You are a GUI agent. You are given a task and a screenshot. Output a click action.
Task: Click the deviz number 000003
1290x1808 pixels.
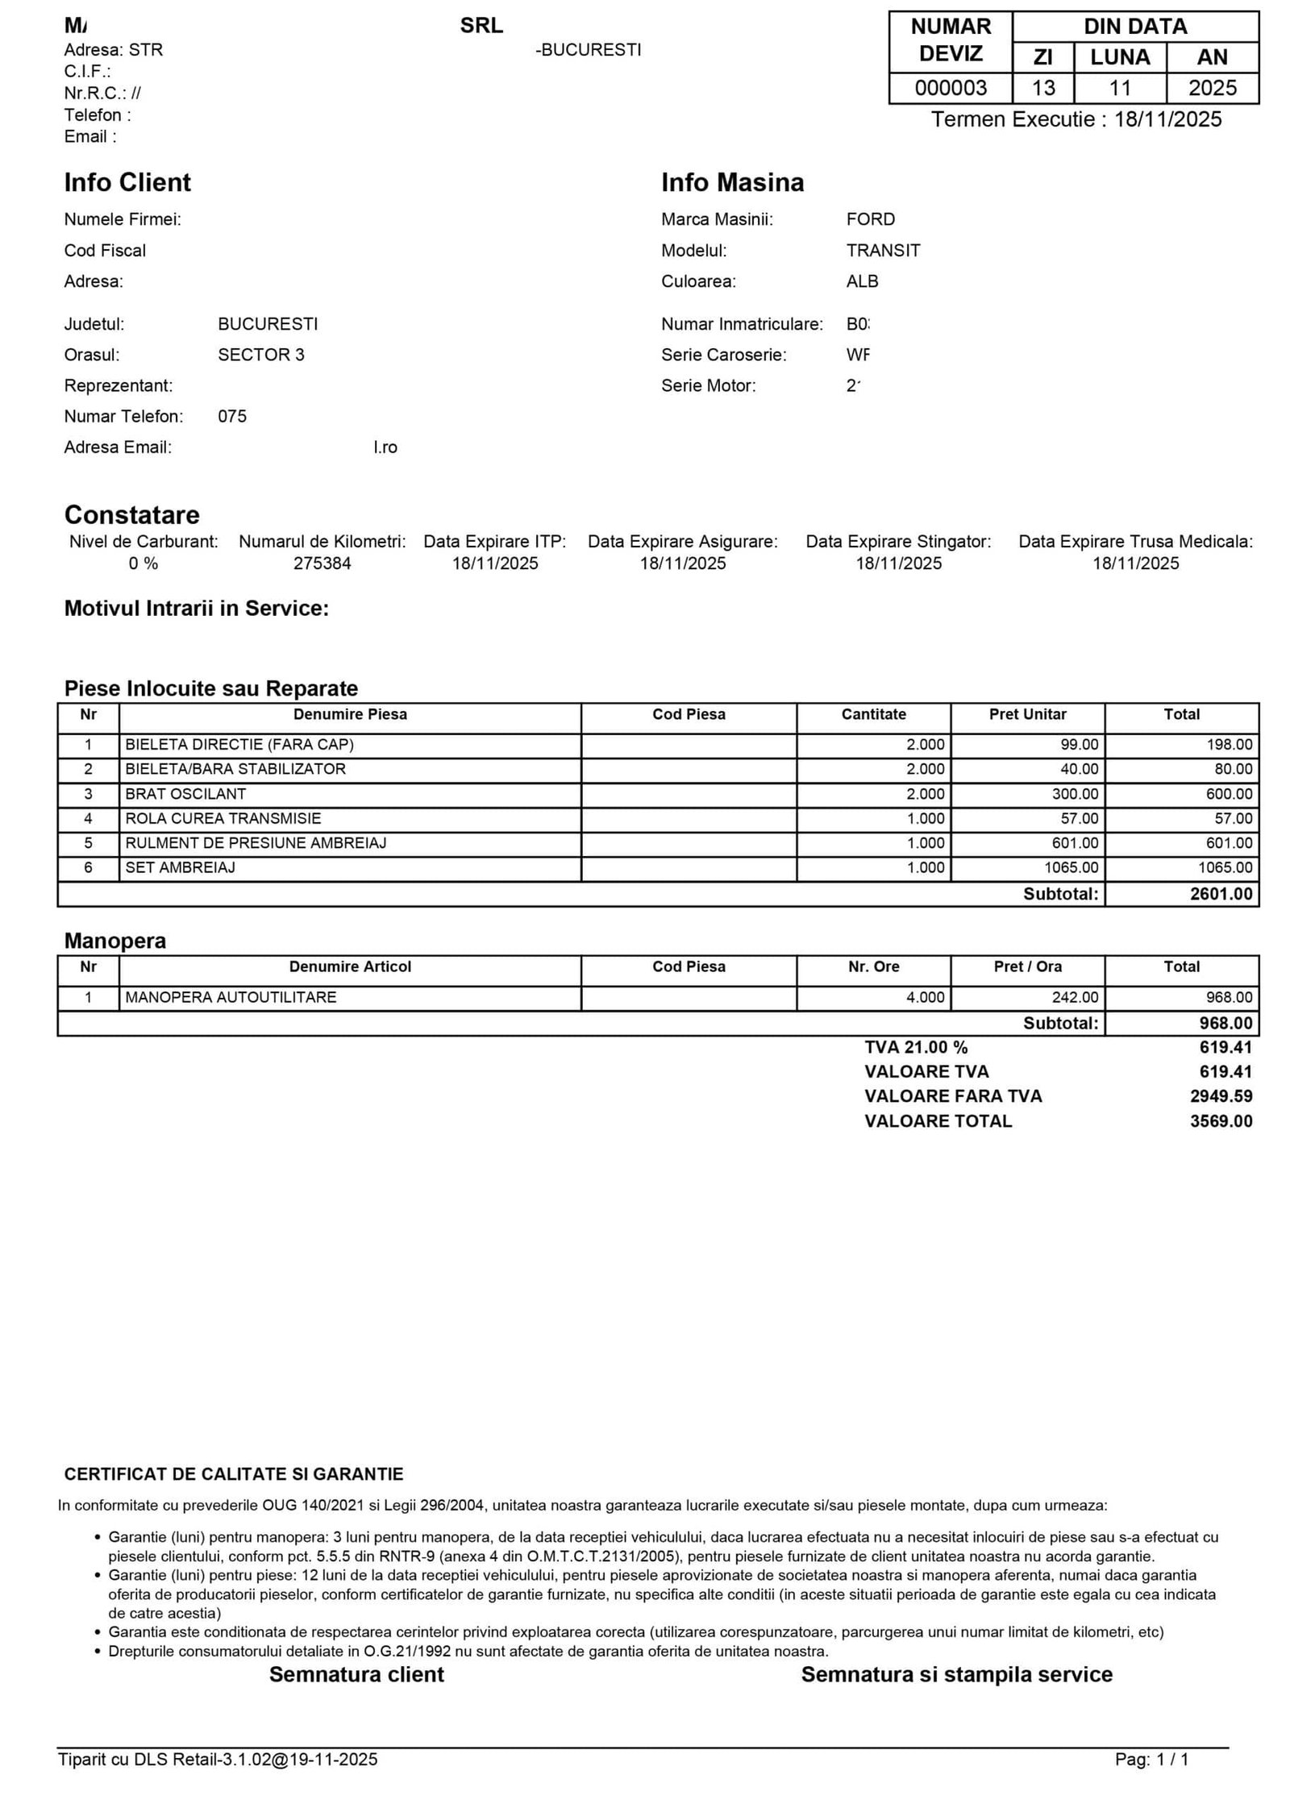coord(950,88)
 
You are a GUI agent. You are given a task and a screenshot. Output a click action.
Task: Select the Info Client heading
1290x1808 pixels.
coord(127,182)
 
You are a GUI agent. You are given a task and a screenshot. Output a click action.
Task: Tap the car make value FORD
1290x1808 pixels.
coord(870,219)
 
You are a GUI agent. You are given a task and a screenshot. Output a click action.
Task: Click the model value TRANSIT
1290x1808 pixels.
coord(882,251)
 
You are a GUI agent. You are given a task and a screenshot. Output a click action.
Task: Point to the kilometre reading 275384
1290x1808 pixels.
coord(322,563)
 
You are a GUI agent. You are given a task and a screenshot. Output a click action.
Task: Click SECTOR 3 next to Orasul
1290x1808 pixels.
coord(260,355)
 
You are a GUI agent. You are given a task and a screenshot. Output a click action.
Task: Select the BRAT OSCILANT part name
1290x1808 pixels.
coord(185,794)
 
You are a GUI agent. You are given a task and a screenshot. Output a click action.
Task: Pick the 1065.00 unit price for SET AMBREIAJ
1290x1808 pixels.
coord(1072,868)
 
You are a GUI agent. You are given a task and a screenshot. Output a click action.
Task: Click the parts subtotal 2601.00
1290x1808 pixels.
coord(1221,894)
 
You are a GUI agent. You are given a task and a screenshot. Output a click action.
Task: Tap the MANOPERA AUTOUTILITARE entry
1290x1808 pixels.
coord(231,997)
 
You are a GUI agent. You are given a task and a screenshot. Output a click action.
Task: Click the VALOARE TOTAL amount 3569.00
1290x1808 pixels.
coord(1221,1121)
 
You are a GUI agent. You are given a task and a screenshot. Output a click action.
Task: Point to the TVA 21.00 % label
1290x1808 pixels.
coord(915,1047)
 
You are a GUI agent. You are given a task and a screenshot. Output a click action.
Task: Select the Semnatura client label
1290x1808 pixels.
coord(356,1674)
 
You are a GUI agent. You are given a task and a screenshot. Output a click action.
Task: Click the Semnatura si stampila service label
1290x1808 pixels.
coord(956,1674)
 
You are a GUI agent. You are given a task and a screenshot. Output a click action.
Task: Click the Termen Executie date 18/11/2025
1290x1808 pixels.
coord(1167,119)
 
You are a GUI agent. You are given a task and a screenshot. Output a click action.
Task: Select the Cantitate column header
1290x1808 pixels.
coord(873,714)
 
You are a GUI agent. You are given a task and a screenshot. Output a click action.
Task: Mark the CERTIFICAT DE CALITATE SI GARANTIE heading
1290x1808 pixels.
coord(234,1474)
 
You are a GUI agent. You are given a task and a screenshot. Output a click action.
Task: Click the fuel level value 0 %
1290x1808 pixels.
coord(144,563)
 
